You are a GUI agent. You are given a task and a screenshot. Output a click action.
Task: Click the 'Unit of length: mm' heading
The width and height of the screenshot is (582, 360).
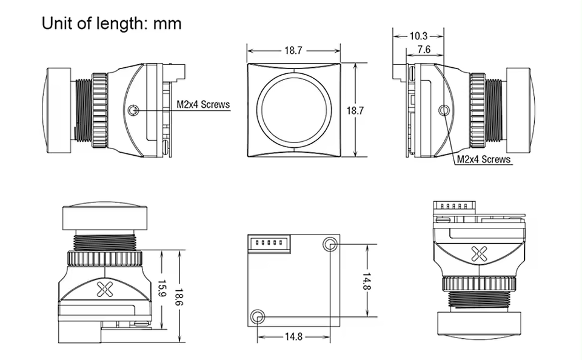pyautogui.click(x=112, y=24)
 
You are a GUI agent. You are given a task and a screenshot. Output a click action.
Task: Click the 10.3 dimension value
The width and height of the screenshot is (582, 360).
pyautogui.click(x=418, y=36)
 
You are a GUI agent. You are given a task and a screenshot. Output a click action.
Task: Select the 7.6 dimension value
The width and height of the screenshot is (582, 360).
pyautogui.click(x=424, y=50)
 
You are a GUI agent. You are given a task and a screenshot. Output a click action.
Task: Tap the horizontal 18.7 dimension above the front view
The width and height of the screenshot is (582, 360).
pyautogui.click(x=293, y=51)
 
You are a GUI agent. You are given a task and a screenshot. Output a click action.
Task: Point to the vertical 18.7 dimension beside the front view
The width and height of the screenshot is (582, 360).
pyautogui.click(x=355, y=110)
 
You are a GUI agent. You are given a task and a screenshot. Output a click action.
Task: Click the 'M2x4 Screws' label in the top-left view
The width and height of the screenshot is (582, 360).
pyautogui.click(x=203, y=104)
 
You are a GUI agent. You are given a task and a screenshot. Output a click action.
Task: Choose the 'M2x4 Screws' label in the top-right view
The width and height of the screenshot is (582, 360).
pyautogui.click(x=483, y=159)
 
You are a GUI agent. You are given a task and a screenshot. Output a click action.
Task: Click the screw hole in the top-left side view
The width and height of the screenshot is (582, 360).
pyautogui.click(x=134, y=110)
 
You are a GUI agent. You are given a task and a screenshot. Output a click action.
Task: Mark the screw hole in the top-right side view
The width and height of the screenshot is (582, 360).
pyautogui.click(x=444, y=110)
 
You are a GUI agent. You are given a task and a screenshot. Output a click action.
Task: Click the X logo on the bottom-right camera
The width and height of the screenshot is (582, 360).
pyautogui.click(x=479, y=254)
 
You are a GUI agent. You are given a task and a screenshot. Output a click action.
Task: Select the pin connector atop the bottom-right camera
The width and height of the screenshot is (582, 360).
pyautogui.click(x=452, y=207)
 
